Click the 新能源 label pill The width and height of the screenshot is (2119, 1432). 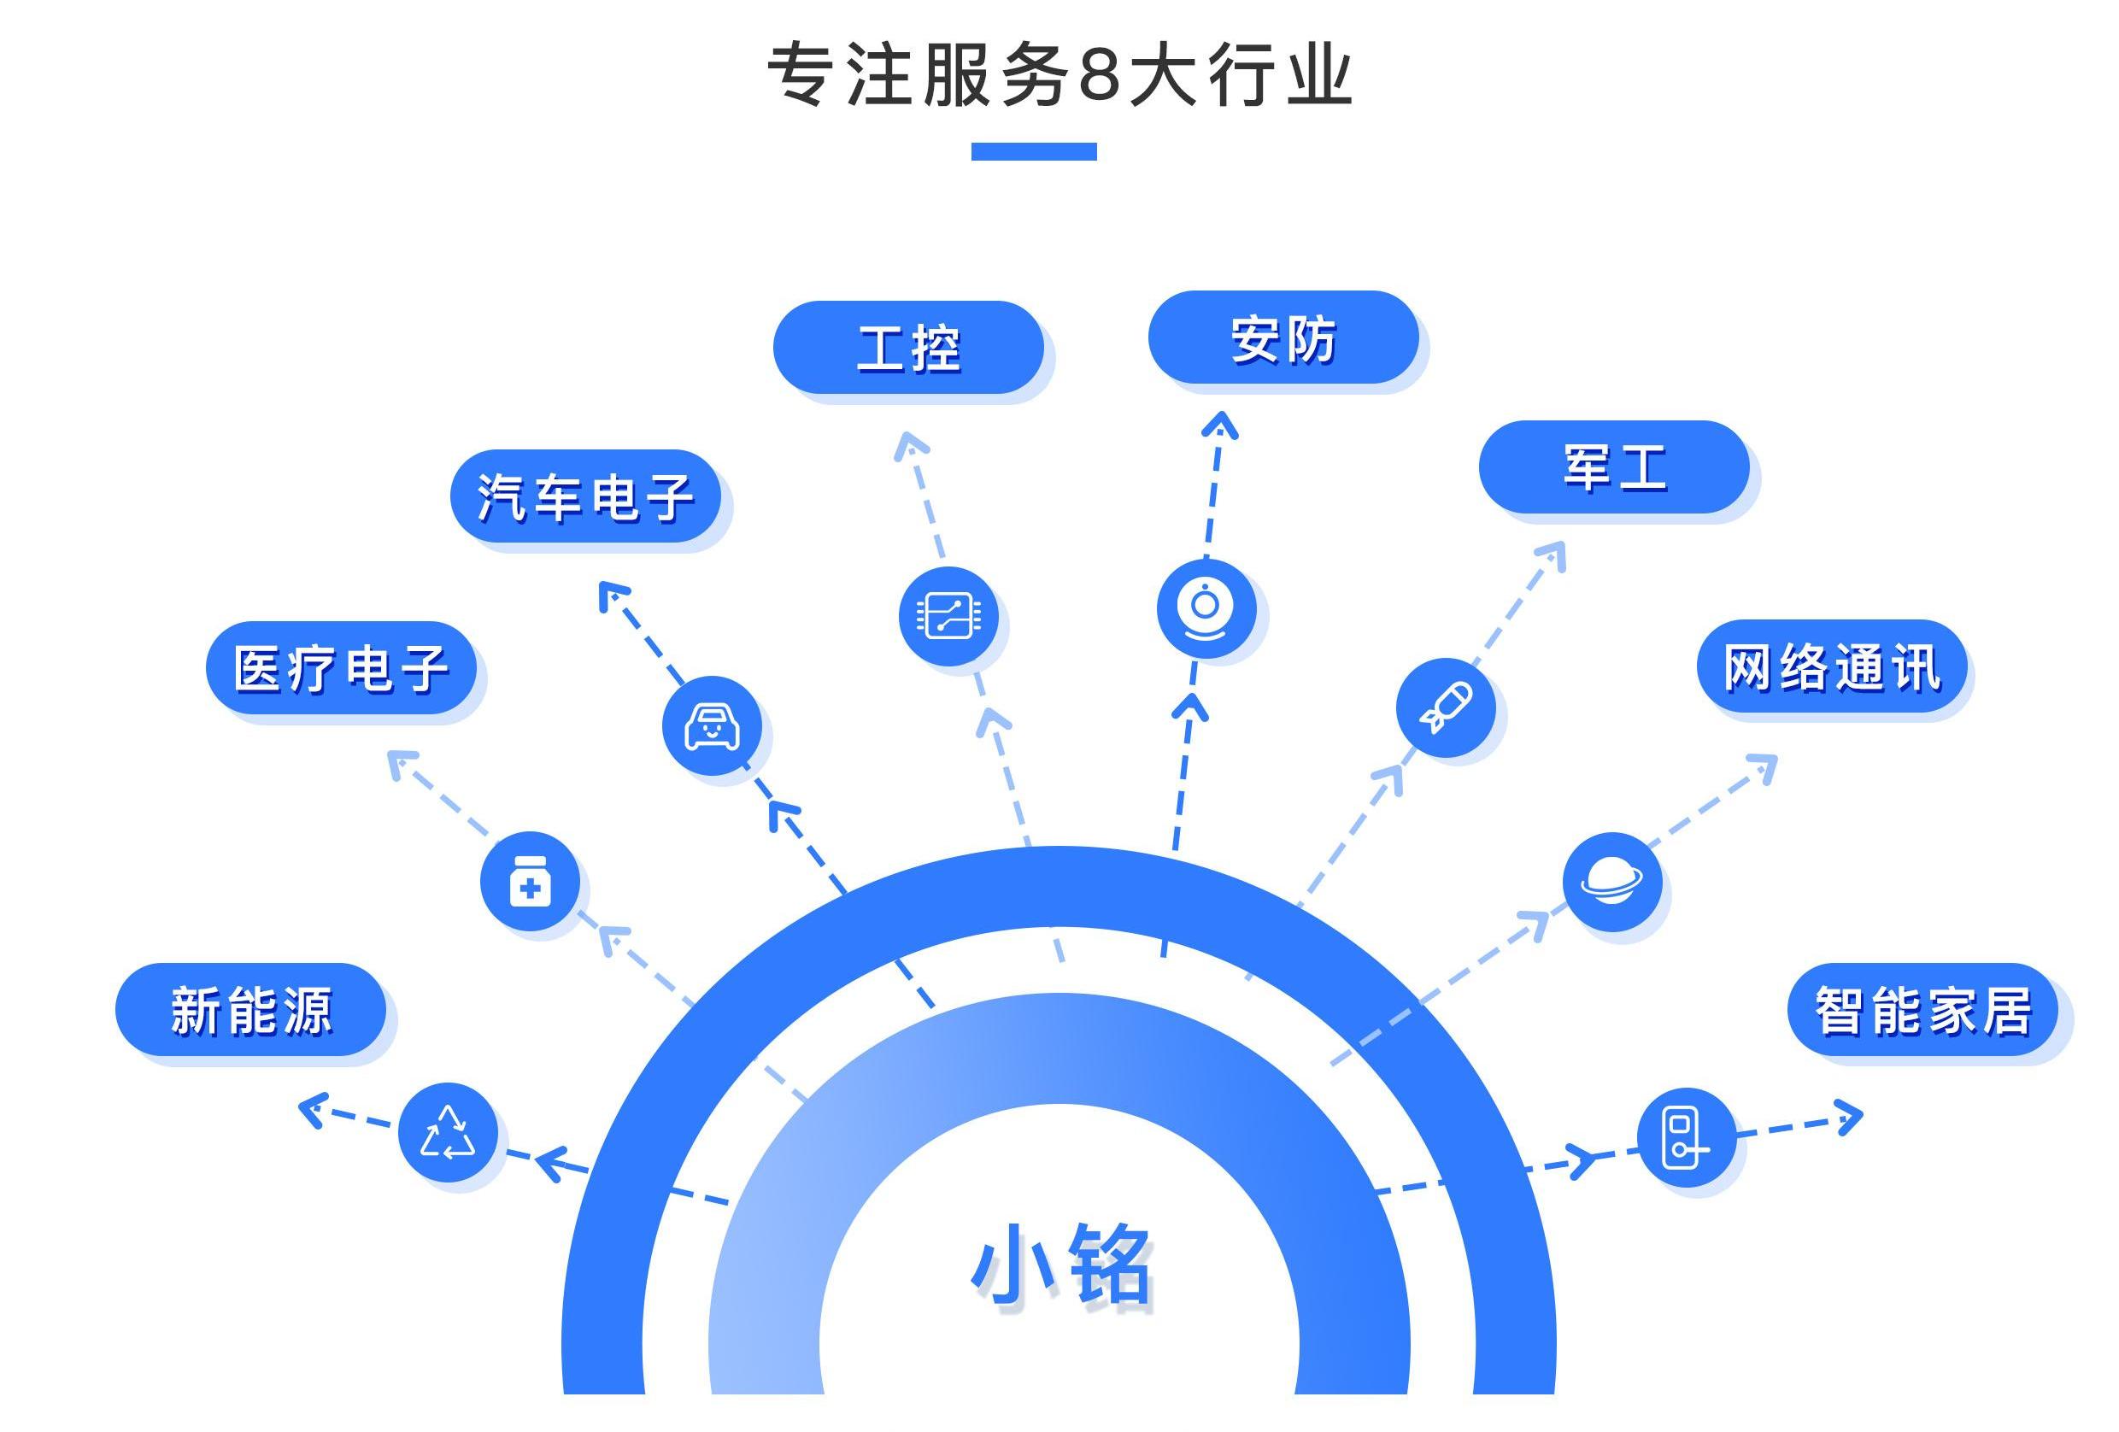(x=250, y=1009)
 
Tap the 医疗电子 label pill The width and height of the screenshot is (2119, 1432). (x=341, y=667)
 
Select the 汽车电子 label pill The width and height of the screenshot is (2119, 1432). (x=585, y=496)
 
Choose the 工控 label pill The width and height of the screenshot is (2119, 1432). (x=908, y=347)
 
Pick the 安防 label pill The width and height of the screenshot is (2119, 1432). (x=1283, y=337)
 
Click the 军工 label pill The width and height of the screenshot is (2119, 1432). (x=1614, y=467)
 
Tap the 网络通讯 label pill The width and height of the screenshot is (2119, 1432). (x=1831, y=666)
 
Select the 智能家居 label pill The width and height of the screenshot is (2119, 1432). (x=1922, y=1009)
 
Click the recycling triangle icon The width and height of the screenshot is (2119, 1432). (x=448, y=1131)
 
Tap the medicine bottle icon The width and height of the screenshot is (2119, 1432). (x=530, y=881)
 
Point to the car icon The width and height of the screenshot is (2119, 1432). (x=712, y=725)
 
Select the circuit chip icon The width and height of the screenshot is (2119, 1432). (x=948, y=615)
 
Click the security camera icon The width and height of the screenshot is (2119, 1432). (x=1206, y=608)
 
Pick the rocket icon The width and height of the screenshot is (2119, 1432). (x=1445, y=707)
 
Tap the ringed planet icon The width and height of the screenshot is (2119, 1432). (x=1612, y=881)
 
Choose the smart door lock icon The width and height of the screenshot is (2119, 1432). (x=1686, y=1136)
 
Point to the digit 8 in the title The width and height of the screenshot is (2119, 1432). (x=1099, y=74)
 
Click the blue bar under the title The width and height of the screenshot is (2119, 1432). (x=1033, y=151)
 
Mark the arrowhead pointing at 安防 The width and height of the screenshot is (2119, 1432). (x=1220, y=425)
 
